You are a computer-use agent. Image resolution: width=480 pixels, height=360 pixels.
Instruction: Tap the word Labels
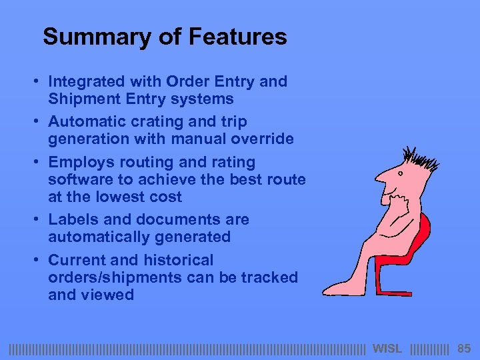[x=71, y=219]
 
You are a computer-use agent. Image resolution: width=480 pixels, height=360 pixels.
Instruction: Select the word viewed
[x=108, y=295]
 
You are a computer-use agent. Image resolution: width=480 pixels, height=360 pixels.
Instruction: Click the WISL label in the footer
[x=387, y=348]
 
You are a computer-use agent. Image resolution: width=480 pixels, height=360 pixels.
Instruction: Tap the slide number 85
[x=464, y=348]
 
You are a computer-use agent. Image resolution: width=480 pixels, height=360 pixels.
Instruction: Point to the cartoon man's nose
[x=379, y=179]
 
